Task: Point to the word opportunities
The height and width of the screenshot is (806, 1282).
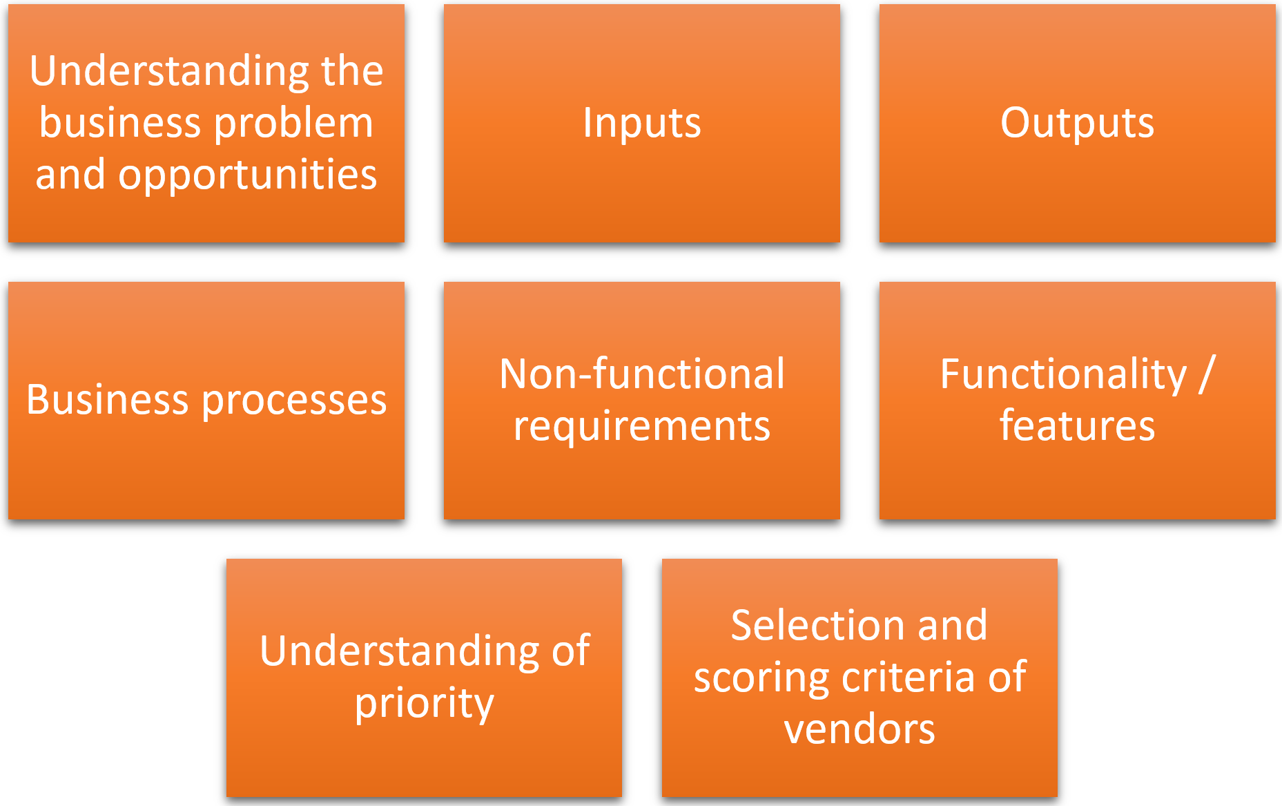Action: pos(247,175)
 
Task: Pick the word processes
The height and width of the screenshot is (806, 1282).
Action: pos(294,401)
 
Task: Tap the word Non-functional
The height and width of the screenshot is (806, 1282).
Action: pos(642,374)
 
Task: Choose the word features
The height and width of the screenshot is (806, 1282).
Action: pos(1077,425)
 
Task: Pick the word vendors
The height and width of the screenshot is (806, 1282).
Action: pos(859,730)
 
